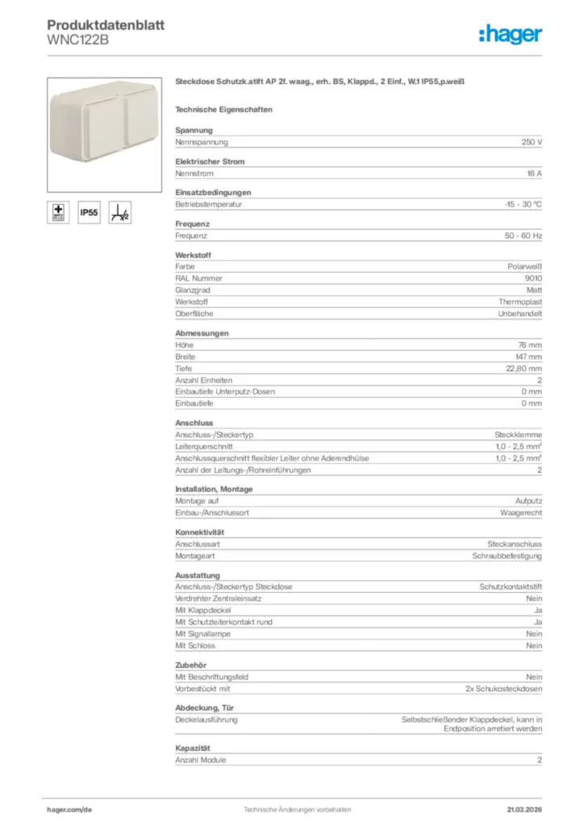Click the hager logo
(510, 34)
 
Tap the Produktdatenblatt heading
(106, 25)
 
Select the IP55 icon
(89, 213)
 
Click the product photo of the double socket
(104, 133)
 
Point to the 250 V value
(532, 142)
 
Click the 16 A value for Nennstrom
(534, 173)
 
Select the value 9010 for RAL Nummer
(533, 278)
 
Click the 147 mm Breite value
(530, 357)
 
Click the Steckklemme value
(518, 435)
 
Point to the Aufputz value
(528, 501)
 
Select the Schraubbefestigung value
(507, 557)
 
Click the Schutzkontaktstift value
(511, 587)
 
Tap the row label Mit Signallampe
(202, 634)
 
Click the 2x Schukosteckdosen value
(503, 689)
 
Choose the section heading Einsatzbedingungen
(213, 192)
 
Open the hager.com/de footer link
(69, 809)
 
